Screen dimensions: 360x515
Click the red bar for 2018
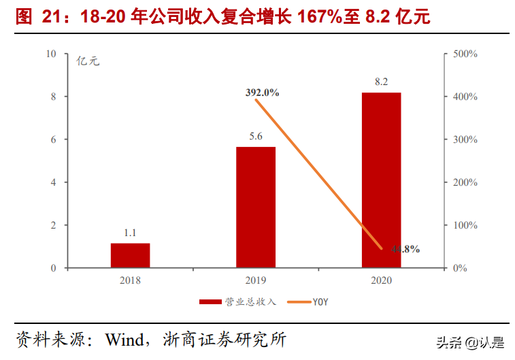pos(130,255)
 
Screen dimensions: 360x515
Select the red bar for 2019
pos(256,207)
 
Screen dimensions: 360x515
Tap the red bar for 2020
pos(381,180)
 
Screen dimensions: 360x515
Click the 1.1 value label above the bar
pos(130,233)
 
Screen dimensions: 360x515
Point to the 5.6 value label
pos(256,137)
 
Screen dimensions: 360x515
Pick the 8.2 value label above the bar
pos(381,82)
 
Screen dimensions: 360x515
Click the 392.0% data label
pos(263,93)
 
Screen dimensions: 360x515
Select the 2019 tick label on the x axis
pos(256,280)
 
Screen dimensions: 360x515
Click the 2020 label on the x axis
pos(381,280)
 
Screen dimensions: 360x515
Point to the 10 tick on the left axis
pos(52,54)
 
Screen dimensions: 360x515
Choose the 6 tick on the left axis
pos(54,140)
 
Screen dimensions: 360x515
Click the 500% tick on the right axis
pos(466,54)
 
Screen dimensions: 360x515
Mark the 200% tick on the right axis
pos(466,182)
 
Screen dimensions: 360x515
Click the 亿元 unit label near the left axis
pos(88,61)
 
